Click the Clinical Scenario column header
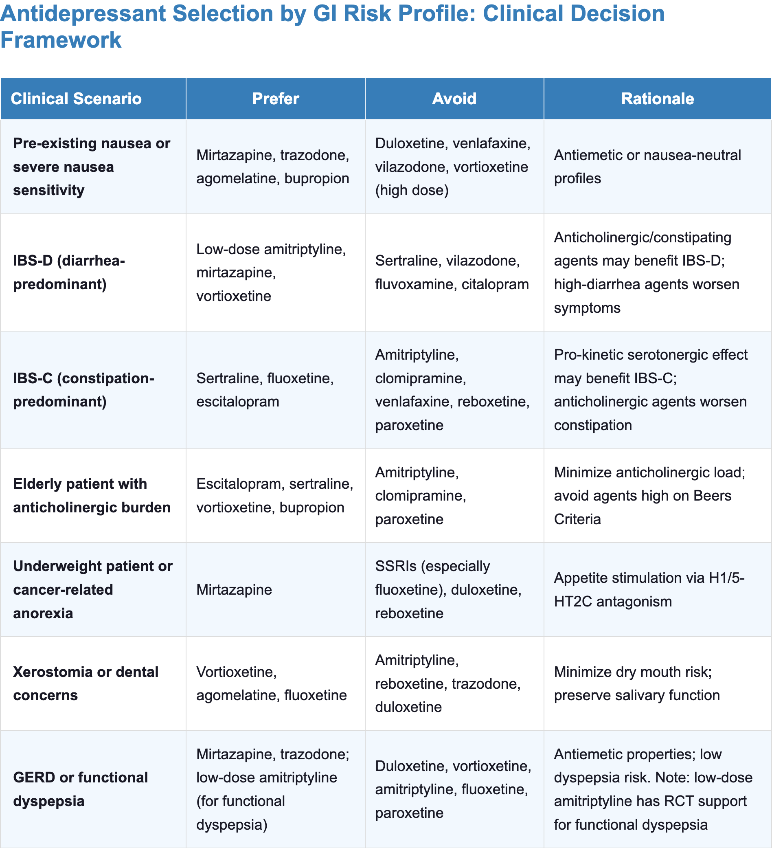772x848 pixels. click(x=76, y=99)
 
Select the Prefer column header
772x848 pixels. click(x=275, y=99)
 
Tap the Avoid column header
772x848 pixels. click(x=454, y=99)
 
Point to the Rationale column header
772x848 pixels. click(x=657, y=99)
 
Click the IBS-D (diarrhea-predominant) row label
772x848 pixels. click(x=69, y=272)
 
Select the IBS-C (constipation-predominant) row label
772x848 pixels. click(x=84, y=390)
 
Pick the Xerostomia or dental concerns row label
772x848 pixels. click(x=86, y=683)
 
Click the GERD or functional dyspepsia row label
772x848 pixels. click(x=80, y=789)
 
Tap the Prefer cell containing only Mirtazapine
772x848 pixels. click(x=234, y=590)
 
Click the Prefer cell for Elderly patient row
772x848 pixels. click(x=274, y=496)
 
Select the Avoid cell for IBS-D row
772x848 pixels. click(x=452, y=272)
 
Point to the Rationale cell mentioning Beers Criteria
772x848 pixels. click(x=649, y=496)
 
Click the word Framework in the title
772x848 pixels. click(x=61, y=40)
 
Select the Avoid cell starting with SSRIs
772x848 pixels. click(x=448, y=590)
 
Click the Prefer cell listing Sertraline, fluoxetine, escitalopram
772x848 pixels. click(x=265, y=390)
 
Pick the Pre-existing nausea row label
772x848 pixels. click(x=91, y=167)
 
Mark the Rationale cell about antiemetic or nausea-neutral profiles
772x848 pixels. click(x=647, y=167)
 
